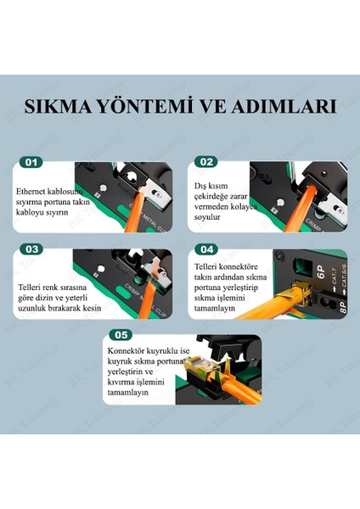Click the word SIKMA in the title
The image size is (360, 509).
click(x=58, y=108)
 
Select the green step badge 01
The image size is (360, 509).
click(x=31, y=161)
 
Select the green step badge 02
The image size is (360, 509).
click(x=205, y=161)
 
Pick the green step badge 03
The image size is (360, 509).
click(x=31, y=249)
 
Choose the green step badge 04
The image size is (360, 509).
click(x=205, y=249)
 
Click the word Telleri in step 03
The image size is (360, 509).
click(x=32, y=288)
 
